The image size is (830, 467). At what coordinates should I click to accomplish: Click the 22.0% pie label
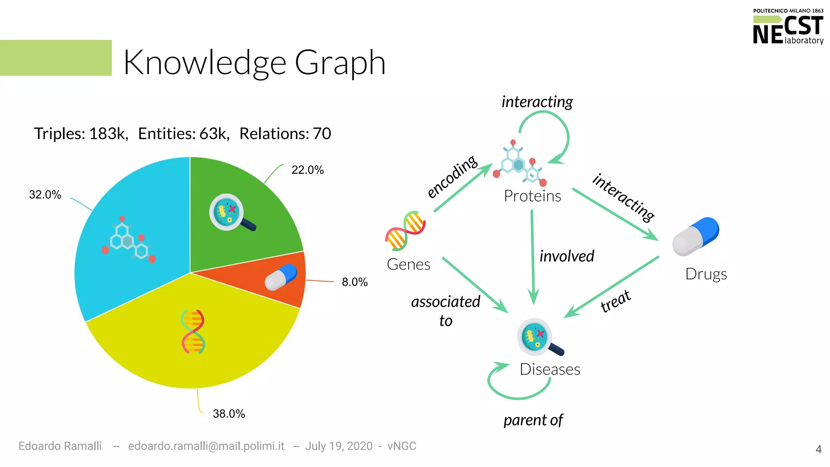(308, 170)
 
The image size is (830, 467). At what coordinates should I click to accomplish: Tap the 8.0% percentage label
(355, 282)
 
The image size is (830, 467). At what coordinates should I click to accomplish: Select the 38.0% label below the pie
(229, 413)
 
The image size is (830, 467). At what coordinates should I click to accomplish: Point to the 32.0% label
(45, 195)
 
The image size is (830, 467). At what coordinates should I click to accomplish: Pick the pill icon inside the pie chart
(281, 277)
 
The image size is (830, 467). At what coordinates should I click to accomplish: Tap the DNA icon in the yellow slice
(193, 332)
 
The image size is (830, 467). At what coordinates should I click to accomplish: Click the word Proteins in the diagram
(532, 196)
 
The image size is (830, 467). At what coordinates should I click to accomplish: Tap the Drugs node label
(706, 274)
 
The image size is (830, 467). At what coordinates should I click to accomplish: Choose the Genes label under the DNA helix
(408, 264)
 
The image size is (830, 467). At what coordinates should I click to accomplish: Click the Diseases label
(550, 369)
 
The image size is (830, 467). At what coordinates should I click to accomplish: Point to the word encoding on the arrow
(452, 177)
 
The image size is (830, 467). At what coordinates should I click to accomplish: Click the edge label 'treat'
(615, 301)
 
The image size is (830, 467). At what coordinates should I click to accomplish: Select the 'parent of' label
(533, 420)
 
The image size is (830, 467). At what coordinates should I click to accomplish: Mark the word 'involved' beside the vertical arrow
(567, 256)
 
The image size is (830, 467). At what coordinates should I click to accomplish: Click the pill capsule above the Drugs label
(695, 236)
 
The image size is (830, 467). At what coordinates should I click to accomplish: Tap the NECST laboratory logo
(787, 28)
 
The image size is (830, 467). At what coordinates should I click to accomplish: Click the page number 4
(818, 449)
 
